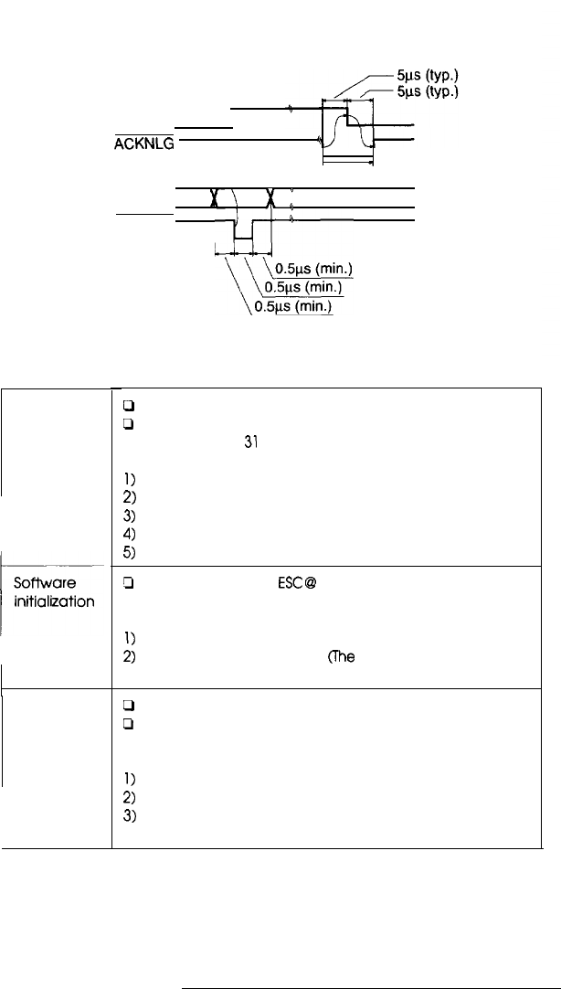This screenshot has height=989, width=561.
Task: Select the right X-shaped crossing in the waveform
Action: (x=270, y=198)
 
